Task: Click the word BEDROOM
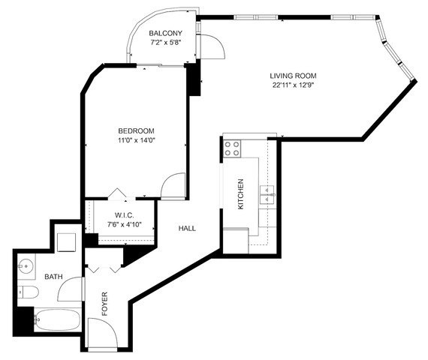(136, 129)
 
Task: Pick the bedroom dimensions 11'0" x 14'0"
(136, 139)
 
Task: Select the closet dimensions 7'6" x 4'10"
(124, 223)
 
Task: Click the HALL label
(187, 228)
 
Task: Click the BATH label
(53, 277)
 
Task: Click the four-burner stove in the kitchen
(232, 148)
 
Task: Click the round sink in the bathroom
(27, 265)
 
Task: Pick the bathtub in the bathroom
(56, 321)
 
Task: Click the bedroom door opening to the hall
(173, 185)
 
